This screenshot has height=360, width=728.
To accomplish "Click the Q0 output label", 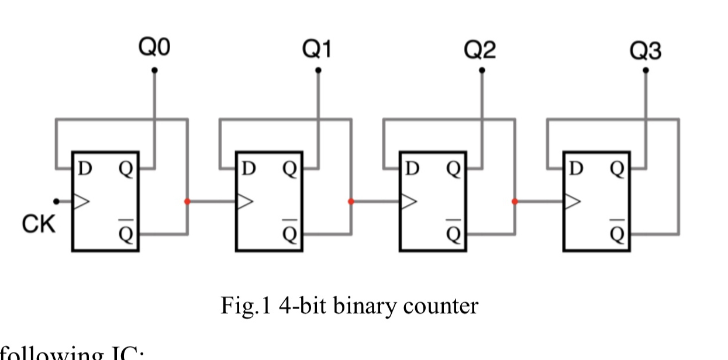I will pos(154,49).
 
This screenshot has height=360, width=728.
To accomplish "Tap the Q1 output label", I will pos(318,50).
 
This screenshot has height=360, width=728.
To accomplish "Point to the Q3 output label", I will pos(646,51).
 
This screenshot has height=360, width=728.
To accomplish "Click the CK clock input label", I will pos(39,224).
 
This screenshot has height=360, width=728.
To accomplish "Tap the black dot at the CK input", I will pos(56,202).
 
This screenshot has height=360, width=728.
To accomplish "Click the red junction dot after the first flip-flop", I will pos(187,202).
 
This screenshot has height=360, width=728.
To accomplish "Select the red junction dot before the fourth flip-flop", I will pos(515,202).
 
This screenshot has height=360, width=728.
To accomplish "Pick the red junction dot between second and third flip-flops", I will pos(351,202).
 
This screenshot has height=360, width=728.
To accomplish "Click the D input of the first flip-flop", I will pos(85,169).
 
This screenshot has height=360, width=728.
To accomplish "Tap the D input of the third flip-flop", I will pos(412,169).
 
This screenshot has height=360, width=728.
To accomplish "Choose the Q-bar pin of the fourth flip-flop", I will pos(617,233).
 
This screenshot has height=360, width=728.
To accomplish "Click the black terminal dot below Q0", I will pos(154,71).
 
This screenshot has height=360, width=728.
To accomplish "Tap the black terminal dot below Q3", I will pos(646,71).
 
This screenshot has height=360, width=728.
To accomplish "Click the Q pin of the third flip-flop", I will pos(453,169).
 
